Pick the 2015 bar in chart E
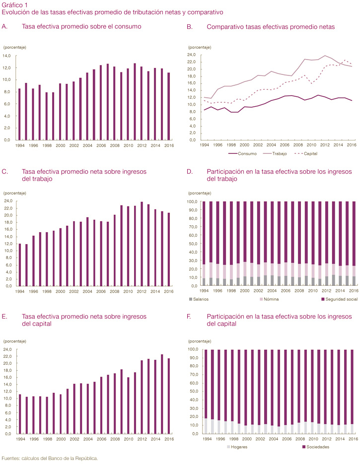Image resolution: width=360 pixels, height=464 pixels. [x=162, y=394]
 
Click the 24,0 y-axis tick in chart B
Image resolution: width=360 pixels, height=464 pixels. [x=193, y=55]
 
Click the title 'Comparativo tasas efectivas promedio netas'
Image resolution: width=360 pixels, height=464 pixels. [x=271, y=26]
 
